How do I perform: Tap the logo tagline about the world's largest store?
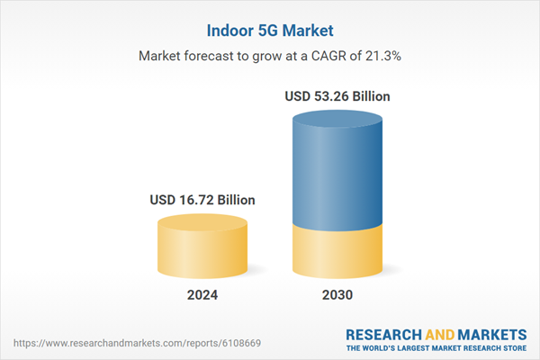438,347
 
